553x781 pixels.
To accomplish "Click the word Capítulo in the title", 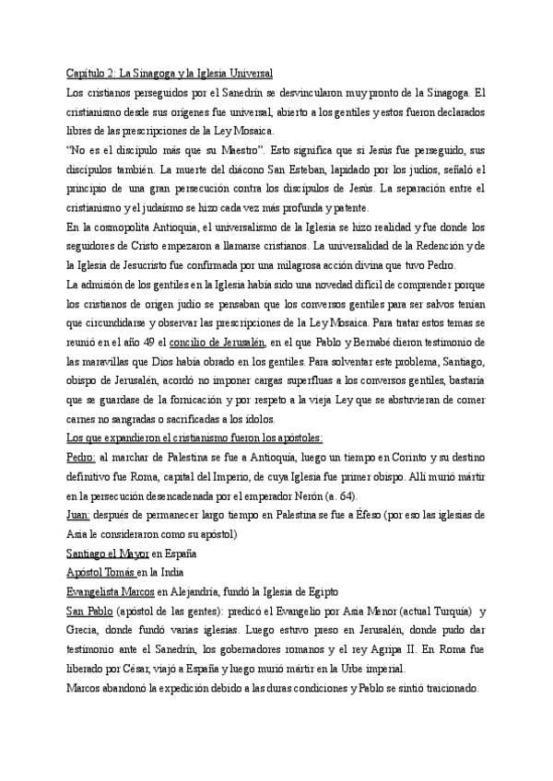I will (x=86, y=73).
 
